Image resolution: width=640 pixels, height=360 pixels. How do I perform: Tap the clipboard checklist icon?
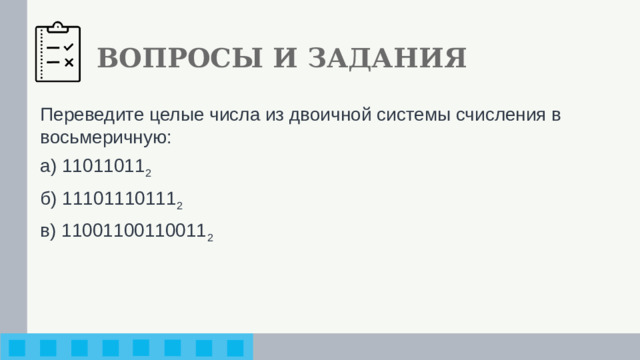[x=59, y=53]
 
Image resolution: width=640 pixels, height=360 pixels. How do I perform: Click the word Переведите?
[x=83, y=114]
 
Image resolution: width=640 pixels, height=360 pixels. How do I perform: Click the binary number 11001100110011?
[x=133, y=231]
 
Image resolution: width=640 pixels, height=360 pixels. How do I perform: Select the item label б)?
[x=48, y=199]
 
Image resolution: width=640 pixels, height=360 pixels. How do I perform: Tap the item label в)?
[x=48, y=231]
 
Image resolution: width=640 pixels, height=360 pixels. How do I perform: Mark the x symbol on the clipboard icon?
[x=68, y=63]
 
